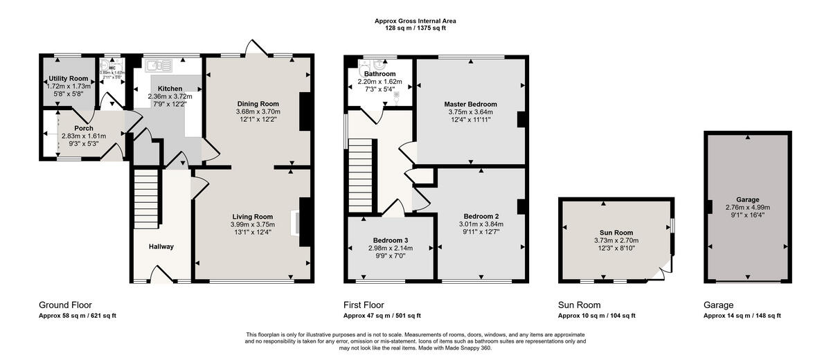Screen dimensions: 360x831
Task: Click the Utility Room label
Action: tap(68, 78)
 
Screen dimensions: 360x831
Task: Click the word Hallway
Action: tap(161, 246)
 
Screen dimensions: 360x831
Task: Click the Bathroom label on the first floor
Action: tap(380, 74)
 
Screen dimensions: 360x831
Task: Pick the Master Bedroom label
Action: tap(470, 104)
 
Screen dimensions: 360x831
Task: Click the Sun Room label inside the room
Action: tap(616, 233)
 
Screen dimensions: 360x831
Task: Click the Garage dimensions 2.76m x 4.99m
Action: tap(747, 207)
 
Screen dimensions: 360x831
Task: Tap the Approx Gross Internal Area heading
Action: tap(415, 21)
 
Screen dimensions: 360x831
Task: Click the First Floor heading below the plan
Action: tap(364, 305)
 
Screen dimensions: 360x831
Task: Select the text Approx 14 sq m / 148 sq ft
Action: tap(742, 316)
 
